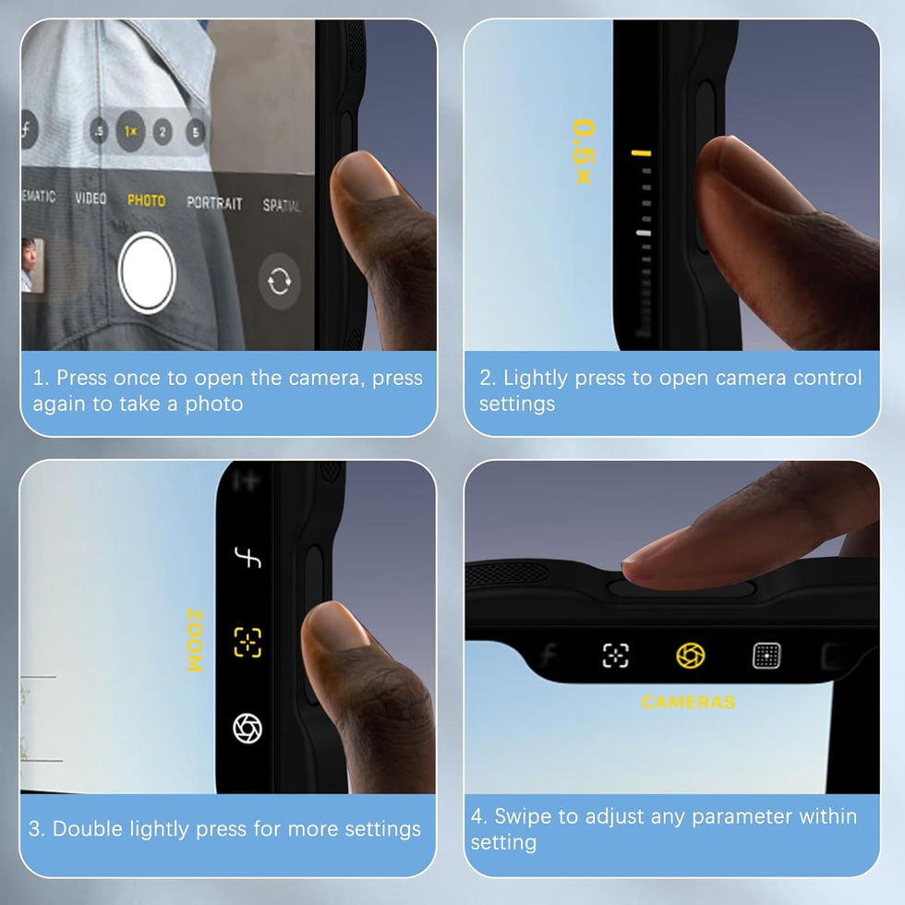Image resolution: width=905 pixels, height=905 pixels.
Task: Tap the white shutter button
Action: click(147, 272)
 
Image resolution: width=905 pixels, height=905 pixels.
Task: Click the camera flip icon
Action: click(279, 281)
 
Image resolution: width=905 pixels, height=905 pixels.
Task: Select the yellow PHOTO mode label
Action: click(147, 200)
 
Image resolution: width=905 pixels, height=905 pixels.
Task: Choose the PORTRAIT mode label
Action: click(214, 202)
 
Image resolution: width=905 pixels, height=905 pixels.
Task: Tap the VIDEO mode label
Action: click(90, 198)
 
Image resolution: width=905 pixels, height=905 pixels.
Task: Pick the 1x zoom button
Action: click(130, 131)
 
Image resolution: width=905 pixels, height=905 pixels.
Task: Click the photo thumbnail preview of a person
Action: click(31, 264)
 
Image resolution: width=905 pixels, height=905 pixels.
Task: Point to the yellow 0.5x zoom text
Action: click(583, 151)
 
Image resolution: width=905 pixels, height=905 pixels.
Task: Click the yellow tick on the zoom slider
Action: click(641, 153)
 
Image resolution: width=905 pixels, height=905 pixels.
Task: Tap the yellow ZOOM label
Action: click(195, 640)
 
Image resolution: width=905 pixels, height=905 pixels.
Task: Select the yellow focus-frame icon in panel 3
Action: click(247, 643)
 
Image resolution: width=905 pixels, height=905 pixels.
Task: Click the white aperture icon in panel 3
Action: click(247, 729)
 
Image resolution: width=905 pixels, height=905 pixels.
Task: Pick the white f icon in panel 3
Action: click(247, 558)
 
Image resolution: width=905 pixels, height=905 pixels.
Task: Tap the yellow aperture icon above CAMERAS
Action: click(691, 656)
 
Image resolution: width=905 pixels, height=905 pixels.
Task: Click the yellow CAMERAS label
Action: click(689, 702)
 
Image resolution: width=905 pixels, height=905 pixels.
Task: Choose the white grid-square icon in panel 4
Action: click(766, 656)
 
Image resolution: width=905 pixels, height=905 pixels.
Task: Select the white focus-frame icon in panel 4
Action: click(615, 656)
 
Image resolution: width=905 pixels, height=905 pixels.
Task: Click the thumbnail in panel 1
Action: click(31, 264)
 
